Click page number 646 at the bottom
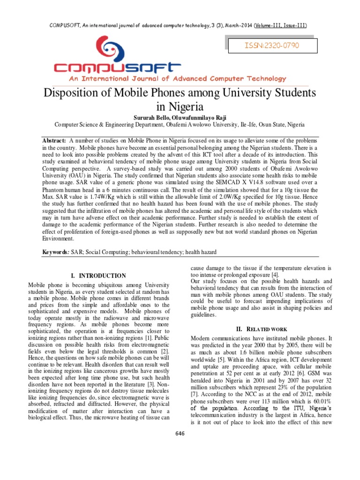click(x=180, y=433)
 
